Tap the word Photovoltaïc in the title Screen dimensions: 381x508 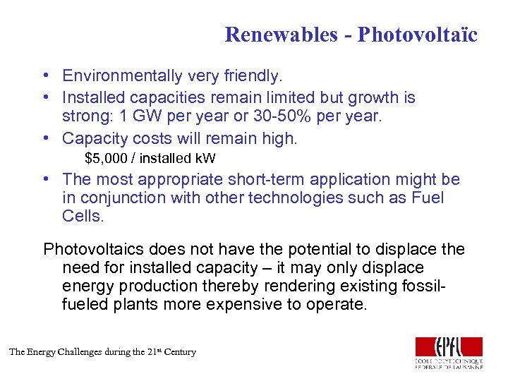click(x=418, y=35)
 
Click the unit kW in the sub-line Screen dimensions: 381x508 click(x=205, y=158)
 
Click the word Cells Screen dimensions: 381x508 click(x=83, y=217)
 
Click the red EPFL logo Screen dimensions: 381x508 click(x=449, y=347)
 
